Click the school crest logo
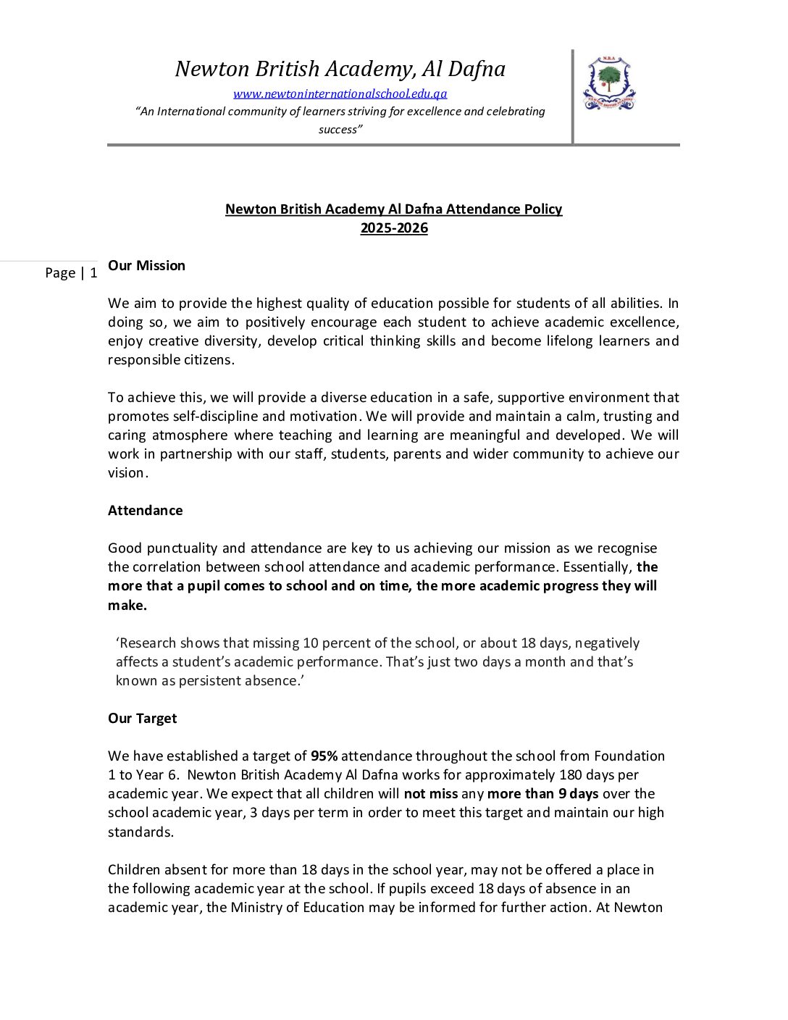pos(609,83)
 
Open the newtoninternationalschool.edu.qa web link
pos(340,93)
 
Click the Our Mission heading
pos(146,265)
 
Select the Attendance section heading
pos(145,510)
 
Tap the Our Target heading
pos(142,718)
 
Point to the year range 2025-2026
pos(394,228)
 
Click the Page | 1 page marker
pos(71,272)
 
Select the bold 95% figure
pos(324,756)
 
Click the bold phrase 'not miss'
pos(430,793)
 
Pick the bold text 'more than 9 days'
pos(542,793)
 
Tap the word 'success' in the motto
pos(340,130)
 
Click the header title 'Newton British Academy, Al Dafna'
pos(340,69)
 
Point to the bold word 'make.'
pos(127,605)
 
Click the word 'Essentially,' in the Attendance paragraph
pos(598,567)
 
